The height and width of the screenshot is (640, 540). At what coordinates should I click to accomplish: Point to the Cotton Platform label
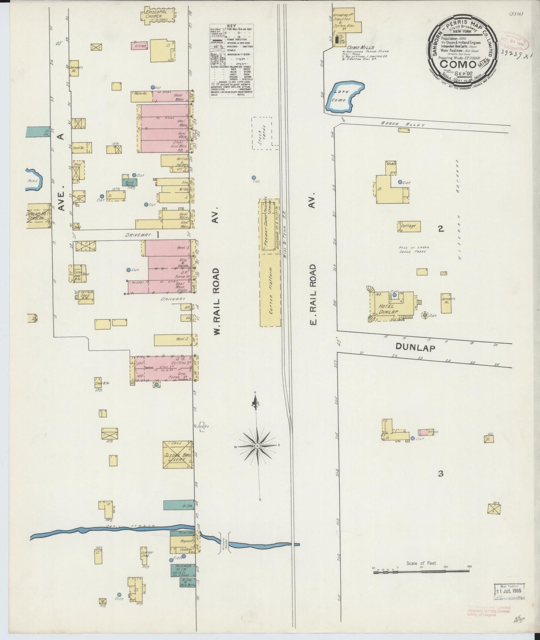coord(273,289)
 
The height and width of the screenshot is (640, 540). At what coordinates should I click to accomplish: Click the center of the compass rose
coord(257,446)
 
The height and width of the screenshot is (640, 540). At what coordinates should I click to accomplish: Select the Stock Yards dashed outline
coord(265,133)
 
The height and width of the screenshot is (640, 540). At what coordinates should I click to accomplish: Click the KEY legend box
coord(231,61)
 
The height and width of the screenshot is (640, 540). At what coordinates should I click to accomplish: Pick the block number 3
coord(441,474)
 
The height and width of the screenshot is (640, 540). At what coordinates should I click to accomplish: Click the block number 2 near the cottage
coord(441,229)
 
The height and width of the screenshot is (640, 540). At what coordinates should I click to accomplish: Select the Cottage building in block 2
coord(409,226)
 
